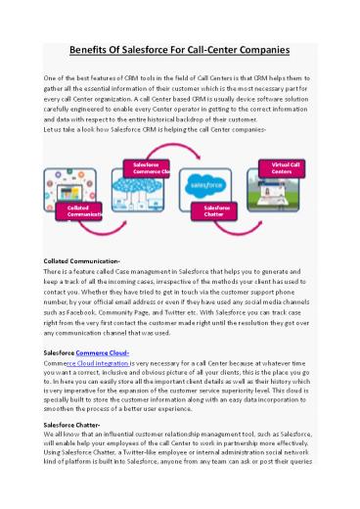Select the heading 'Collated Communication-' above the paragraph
pos(83,261)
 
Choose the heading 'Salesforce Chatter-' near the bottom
pos(77,425)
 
